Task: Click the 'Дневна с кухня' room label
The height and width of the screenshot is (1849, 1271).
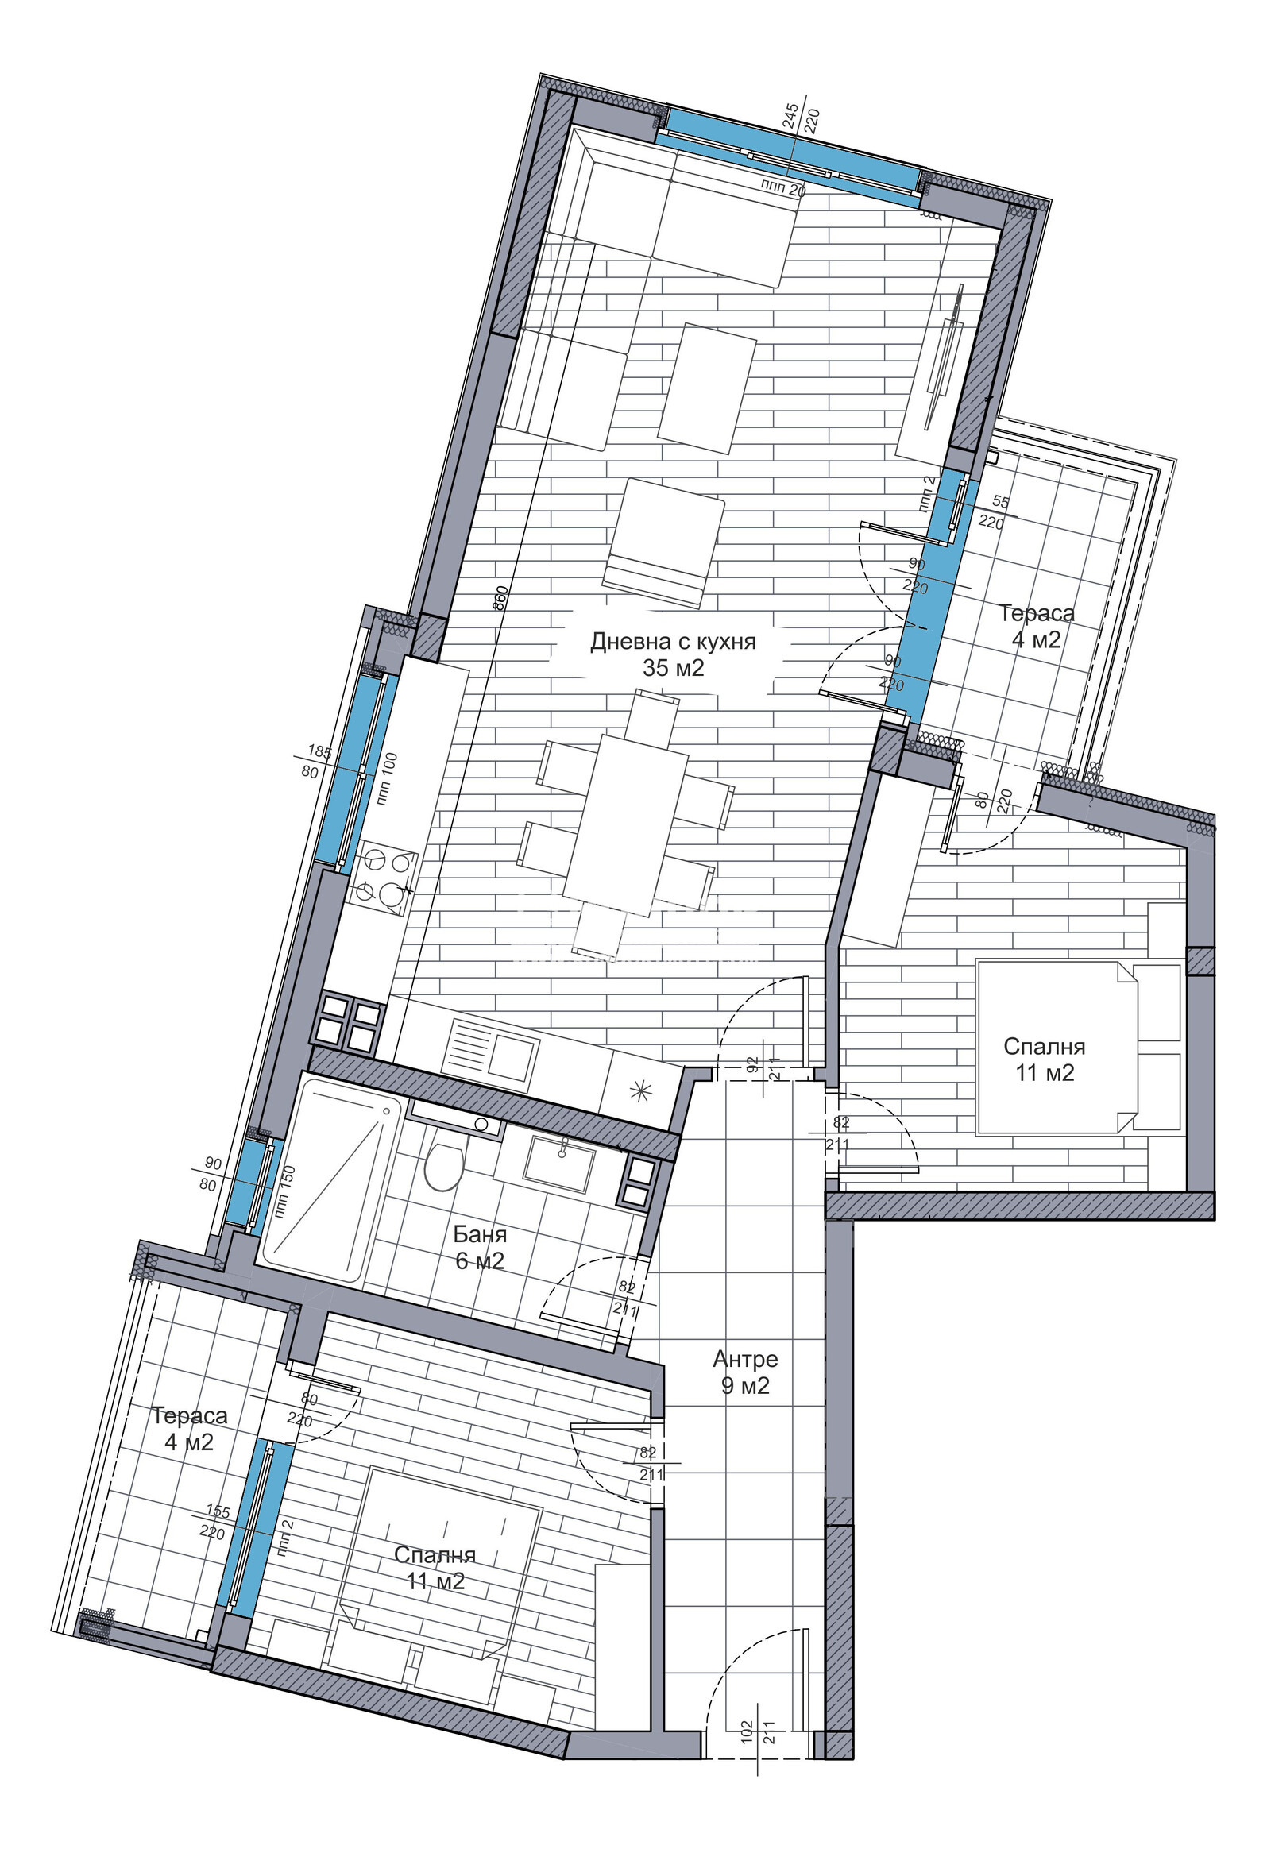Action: [673, 641]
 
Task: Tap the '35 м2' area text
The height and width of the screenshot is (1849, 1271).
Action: [674, 667]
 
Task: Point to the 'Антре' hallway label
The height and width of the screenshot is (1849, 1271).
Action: [745, 1359]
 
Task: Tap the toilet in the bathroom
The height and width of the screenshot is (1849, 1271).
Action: [444, 1164]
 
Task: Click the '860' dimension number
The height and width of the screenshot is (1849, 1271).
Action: [500, 598]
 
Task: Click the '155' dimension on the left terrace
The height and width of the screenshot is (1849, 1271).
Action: [218, 1511]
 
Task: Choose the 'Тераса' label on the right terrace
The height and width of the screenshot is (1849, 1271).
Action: [1036, 613]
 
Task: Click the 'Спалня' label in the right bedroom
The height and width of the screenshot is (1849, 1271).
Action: [1044, 1046]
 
